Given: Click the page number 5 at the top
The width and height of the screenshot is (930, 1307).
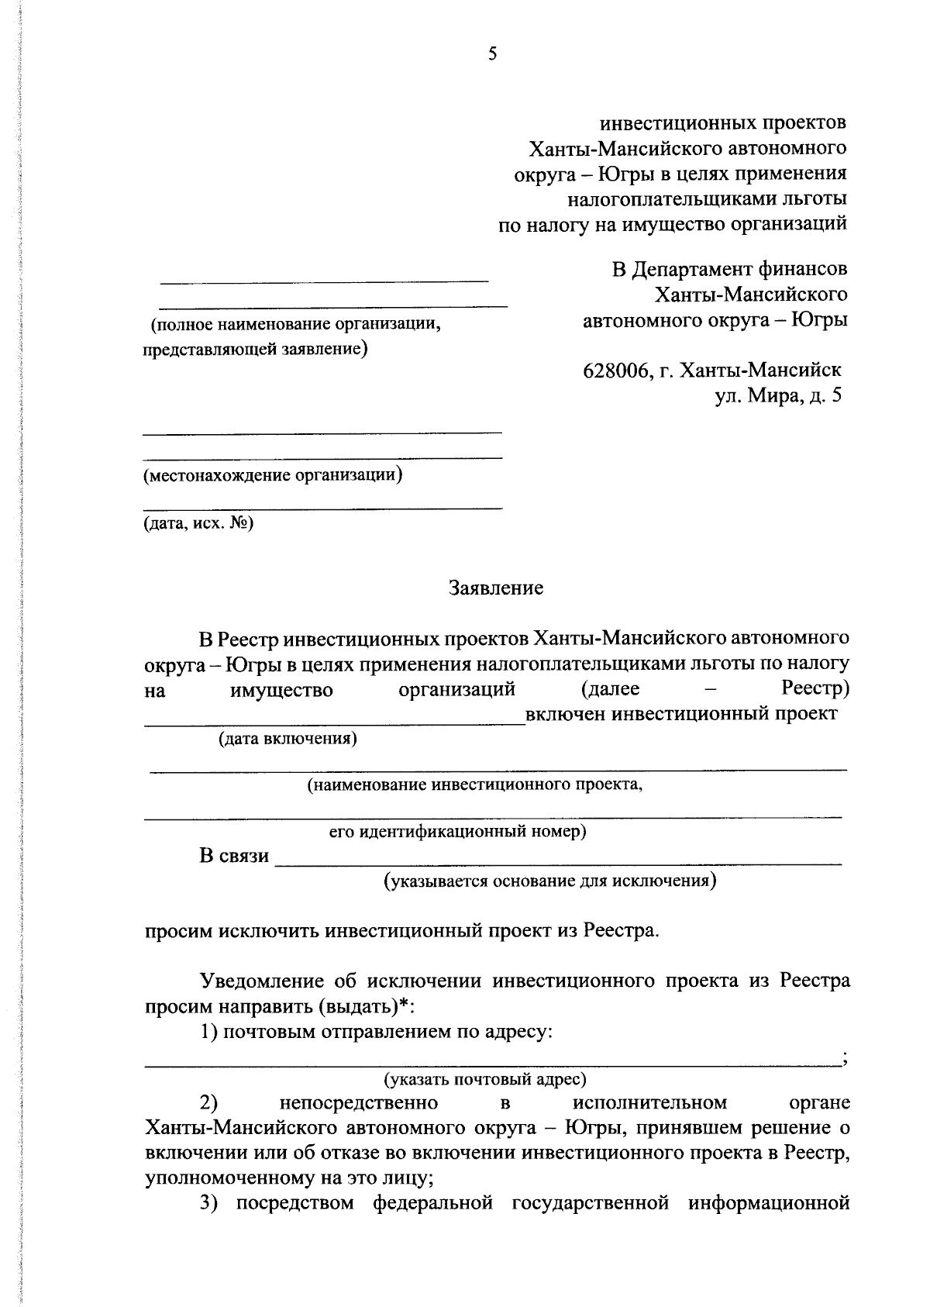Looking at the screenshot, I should pos(492,53).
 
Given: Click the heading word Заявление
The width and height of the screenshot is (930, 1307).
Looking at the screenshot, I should pos(496,588).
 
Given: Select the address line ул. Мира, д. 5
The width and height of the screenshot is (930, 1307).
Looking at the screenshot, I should pos(777,396).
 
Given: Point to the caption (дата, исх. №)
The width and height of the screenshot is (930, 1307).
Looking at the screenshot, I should pos(198,523).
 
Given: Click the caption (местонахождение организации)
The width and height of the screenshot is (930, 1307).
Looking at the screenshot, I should pos(273,475).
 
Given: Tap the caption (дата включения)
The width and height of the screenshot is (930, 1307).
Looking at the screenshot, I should pos(288,738).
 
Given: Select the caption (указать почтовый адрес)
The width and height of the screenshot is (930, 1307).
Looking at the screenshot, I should pos(485,1078).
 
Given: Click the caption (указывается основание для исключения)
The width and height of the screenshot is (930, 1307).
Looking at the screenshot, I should pos(550,881).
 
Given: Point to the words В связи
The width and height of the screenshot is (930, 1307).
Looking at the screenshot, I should pos(234,856).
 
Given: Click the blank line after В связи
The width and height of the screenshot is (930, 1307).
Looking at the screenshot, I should pos(558,860).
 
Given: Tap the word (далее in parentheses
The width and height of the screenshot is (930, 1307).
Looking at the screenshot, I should pos(610,688).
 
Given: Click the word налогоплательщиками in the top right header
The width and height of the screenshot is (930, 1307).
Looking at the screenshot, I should pos(664,199).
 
